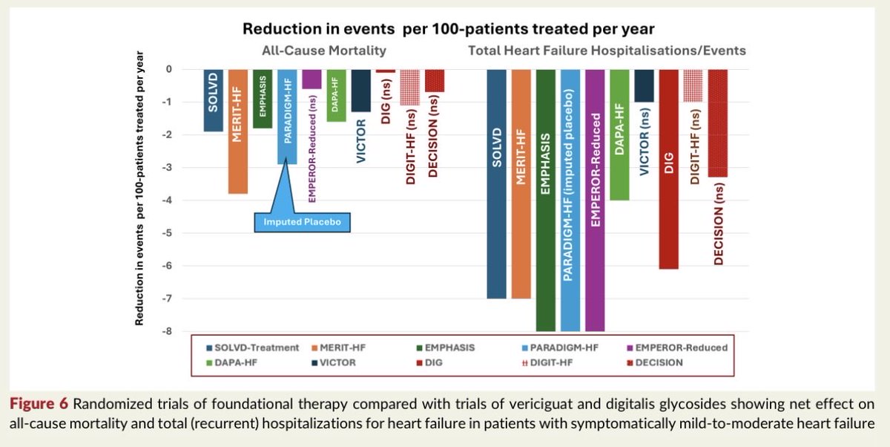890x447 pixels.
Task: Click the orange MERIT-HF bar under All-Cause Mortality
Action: pyautogui.click(x=238, y=131)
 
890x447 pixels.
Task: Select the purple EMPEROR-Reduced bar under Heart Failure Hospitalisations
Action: pyautogui.click(x=595, y=200)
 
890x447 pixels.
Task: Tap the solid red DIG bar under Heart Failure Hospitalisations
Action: pyautogui.click(x=669, y=169)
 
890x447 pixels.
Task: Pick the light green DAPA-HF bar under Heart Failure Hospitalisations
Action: pyautogui.click(x=619, y=135)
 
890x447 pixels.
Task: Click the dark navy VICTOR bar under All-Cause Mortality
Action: pyautogui.click(x=360, y=91)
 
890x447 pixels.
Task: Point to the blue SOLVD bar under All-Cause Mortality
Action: pyautogui.click(x=214, y=101)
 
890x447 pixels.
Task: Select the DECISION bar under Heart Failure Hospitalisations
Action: pyautogui.click(x=718, y=123)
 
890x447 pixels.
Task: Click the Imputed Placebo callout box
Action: pyautogui.click(x=303, y=222)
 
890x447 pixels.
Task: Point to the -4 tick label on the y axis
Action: pyautogui.click(x=167, y=200)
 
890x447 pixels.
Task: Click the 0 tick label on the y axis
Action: pyautogui.click(x=169, y=69)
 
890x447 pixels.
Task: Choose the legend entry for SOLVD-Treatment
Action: pyautogui.click(x=253, y=348)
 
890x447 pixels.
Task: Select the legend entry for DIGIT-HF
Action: pyautogui.click(x=547, y=362)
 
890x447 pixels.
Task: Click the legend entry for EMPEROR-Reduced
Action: pyautogui.click(x=677, y=348)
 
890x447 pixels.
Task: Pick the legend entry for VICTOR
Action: pyautogui.click(x=334, y=362)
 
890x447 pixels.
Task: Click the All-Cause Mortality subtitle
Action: pyautogui.click(x=324, y=51)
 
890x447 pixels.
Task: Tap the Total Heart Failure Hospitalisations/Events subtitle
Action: pyautogui.click(x=607, y=51)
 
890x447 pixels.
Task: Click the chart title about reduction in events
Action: pyautogui.click(x=449, y=29)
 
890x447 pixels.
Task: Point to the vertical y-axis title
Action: pyautogui.click(x=139, y=188)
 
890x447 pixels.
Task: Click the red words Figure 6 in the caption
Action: pyautogui.click(x=39, y=404)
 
